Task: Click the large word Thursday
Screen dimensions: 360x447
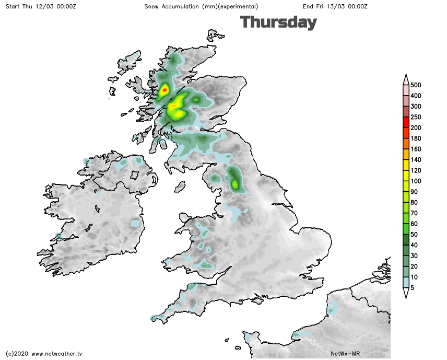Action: coord(278,22)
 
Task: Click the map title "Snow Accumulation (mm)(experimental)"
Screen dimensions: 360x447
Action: coord(201,6)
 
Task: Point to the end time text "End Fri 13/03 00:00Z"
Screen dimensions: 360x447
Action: coord(335,6)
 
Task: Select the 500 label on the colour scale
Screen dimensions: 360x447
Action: coord(416,85)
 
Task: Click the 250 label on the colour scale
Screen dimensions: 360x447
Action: coord(416,117)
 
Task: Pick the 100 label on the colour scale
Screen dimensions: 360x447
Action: coord(416,181)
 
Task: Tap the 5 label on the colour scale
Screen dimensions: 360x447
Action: coord(413,287)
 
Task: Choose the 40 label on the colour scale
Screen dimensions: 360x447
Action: coord(414,245)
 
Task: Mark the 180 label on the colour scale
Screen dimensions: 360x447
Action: coord(416,138)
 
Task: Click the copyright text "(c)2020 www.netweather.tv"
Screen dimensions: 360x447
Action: coord(44,354)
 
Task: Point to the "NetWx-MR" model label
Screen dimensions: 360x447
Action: coord(346,354)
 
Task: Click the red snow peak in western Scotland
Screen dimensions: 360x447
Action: coord(164,90)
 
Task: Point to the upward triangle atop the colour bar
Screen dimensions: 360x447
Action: coord(405,78)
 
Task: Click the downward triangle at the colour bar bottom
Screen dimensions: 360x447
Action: coord(405,293)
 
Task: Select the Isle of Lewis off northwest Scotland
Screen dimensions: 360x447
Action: coord(128,63)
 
